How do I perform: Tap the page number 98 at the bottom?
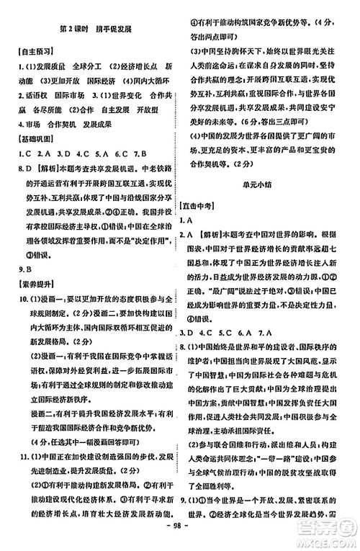(179, 540)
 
